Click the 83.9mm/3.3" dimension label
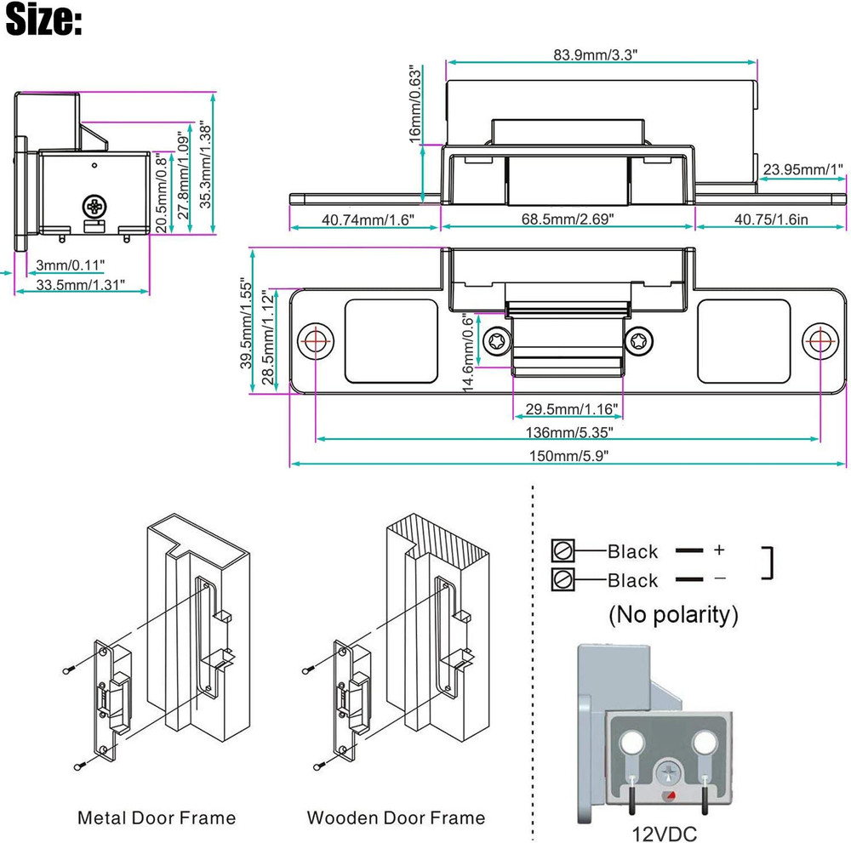(596, 54)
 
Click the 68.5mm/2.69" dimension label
(568, 219)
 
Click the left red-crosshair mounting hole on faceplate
(316, 340)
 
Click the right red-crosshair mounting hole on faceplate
(820, 340)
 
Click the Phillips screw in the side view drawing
(94, 205)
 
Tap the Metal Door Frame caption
(156, 818)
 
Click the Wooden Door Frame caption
(396, 818)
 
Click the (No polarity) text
(672, 613)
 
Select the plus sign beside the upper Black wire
(719, 550)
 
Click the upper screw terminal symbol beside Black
(563, 550)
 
